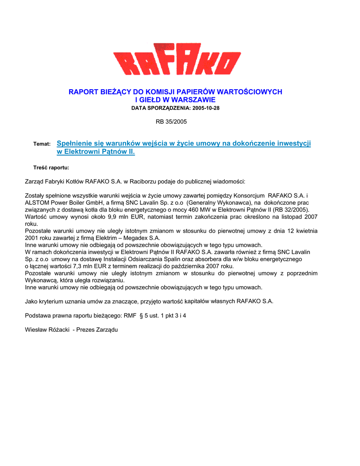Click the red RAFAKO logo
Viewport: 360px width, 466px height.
[177, 59]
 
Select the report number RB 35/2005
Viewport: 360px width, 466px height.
[171, 122]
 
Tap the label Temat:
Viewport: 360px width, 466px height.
[42, 144]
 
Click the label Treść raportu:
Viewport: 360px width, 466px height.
[51, 167]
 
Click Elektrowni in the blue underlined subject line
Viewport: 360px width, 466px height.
[84, 152]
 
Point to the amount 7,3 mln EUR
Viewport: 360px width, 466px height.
[94, 266]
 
